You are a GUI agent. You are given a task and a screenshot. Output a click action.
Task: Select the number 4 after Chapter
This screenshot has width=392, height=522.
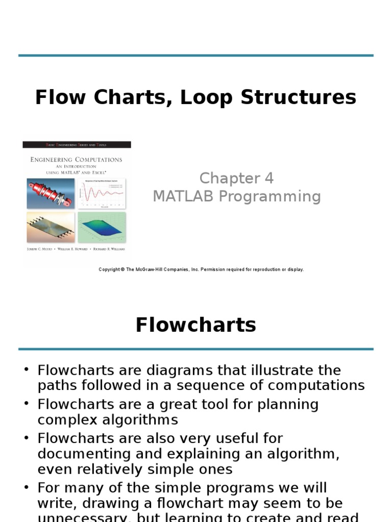point(268,178)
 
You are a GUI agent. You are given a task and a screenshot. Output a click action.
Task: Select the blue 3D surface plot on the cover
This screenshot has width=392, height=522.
point(102,227)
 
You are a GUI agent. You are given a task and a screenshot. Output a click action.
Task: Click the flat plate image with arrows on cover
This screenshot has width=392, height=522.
point(50,228)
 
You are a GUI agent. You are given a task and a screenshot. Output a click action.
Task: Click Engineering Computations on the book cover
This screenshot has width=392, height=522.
point(76,160)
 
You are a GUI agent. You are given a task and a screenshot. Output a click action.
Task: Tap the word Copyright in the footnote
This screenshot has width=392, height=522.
point(110,270)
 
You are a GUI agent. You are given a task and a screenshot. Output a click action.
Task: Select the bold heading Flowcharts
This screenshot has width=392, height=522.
point(195,325)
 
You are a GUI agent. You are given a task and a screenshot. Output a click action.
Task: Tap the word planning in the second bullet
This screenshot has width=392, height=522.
point(287,404)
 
